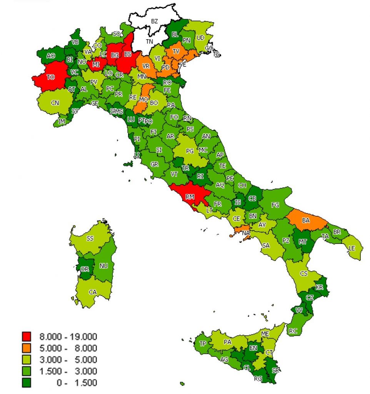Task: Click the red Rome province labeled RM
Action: [190, 197]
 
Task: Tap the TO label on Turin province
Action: [50, 77]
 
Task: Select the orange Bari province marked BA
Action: [306, 220]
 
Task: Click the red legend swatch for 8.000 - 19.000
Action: [27, 337]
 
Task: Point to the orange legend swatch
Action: [27, 348]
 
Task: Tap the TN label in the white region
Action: [150, 41]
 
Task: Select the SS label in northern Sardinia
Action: [90, 239]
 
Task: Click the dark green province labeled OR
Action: [85, 269]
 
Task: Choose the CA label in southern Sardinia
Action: [93, 292]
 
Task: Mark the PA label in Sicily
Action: [227, 341]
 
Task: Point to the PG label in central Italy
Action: [190, 151]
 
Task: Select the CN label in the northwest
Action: [55, 103]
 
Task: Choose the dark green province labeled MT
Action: [303, 242]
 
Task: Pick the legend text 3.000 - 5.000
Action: [68, 359]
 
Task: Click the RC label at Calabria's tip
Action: [293, 331]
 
